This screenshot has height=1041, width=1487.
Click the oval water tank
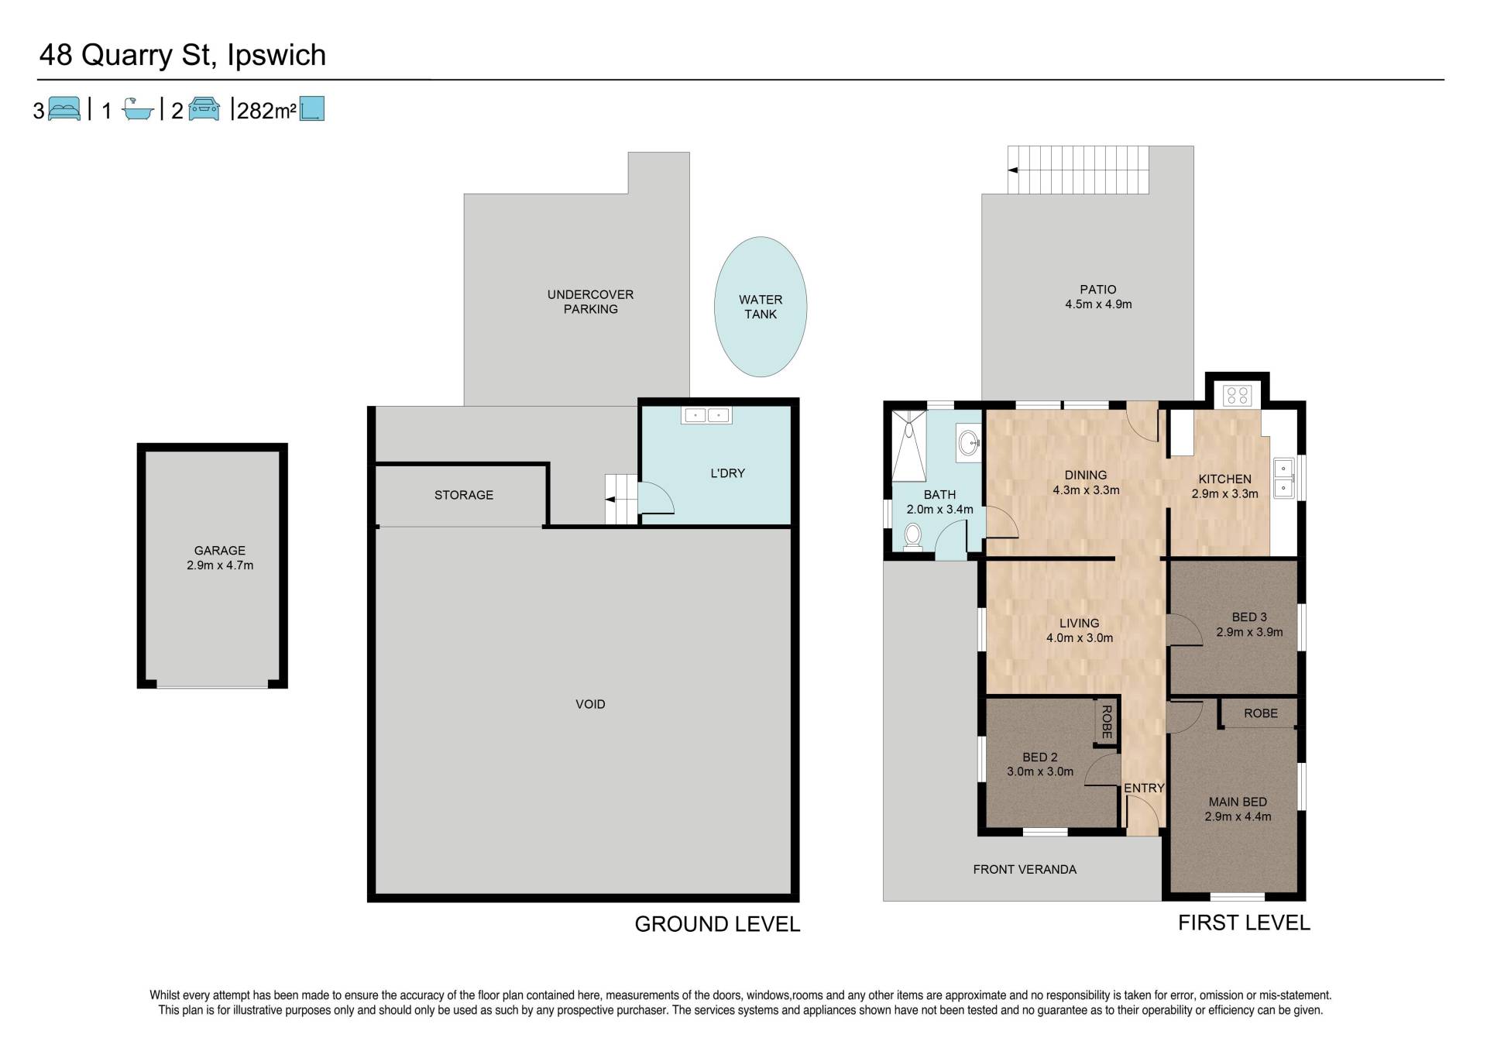(761, 307)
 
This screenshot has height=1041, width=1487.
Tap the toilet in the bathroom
(913, 536)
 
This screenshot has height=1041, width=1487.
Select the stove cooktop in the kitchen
(1237, 395)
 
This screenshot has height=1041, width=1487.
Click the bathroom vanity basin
(968, 443)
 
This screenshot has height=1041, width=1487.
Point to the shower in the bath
(909, 446)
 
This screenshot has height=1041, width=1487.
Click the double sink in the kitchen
(1283, 479)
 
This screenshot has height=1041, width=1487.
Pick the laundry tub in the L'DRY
(706, 415)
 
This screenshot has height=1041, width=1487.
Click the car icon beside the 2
(204, 109)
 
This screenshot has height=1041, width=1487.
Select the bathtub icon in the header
(138, 109)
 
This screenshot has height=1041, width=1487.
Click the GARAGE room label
(220, 551)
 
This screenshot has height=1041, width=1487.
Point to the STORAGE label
(464, 495)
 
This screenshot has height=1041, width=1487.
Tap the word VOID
(590, 704)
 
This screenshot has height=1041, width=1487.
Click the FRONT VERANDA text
(1025, 869)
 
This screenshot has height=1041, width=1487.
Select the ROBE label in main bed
(1261, 713)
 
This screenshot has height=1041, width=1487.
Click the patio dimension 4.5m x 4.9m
(1098, 304)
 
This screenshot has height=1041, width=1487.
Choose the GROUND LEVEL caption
(717, 924)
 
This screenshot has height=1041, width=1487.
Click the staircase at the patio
(1078, 170)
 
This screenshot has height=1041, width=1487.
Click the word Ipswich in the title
(276, 56)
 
